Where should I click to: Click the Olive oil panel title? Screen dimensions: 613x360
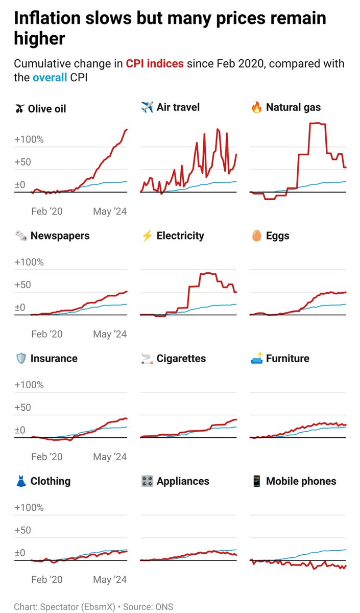coord(46,109)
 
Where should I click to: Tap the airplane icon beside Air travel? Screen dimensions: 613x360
coord(147,107)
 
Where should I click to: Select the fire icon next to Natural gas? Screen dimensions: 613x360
coord(256,107)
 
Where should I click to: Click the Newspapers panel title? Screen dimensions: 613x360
coord(60,235)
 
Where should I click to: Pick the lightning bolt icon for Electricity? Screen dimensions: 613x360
coord(147,236)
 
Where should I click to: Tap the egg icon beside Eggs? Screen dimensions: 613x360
coord(256,236)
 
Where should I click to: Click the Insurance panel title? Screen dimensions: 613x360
coord(54,359)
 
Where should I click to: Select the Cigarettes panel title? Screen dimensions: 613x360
coord(181,359)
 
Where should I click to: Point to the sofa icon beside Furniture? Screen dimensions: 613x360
coord(256,359)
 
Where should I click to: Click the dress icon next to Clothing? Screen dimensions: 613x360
coord(21,481)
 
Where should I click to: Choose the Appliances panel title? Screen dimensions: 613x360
coord(183,481)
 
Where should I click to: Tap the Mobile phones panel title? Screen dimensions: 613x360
coord(301,481)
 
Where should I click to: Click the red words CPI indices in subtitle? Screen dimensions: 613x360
coord(155,64)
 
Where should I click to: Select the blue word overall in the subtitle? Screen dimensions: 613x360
coord(50,78)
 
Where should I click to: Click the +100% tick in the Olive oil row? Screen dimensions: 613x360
coord(29,139)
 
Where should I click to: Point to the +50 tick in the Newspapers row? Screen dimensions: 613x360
coord(24,285)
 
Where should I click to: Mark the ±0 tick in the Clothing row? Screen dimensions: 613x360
coord(20,553)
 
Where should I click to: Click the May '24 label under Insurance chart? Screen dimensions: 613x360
coord(110,457)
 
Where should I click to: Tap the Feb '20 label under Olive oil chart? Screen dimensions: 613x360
coord(47,211)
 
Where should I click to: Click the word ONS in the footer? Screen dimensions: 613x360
coord(164,607)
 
